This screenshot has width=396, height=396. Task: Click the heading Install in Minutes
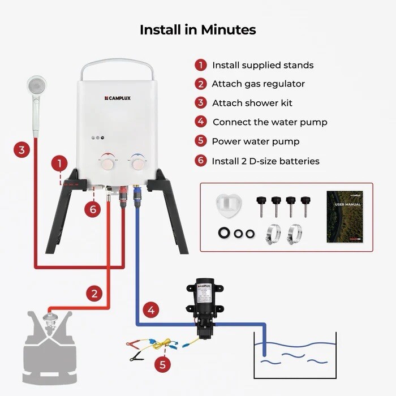pos(198,29)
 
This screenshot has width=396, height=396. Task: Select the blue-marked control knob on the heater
pos(137,162)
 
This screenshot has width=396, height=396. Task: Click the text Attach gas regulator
pos(258,84)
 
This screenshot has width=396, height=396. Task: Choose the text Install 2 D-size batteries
pos(265,161)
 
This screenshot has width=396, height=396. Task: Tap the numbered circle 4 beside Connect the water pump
pos(201,122)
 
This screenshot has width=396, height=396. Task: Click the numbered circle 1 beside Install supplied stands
pos(201,65)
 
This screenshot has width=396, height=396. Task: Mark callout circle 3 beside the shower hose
pos(21,150)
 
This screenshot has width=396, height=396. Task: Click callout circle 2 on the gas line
pos(94,293)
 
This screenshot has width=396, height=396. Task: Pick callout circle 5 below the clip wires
pos(162,364)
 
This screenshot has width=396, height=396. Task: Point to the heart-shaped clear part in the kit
pos(228,204)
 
